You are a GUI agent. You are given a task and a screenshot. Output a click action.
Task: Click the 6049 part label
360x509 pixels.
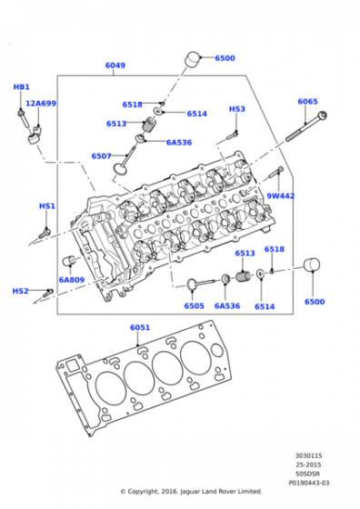click(115, 65)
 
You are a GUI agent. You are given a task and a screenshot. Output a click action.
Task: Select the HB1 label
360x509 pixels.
click(22, 87)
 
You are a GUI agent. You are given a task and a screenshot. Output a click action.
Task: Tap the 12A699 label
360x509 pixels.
click(41, 104)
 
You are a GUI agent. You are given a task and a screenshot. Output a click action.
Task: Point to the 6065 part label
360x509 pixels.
click(308, 102)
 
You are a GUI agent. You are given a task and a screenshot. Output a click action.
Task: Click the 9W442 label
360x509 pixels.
click(281, 196)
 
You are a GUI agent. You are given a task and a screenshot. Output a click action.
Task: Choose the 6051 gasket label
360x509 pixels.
click(140, 327)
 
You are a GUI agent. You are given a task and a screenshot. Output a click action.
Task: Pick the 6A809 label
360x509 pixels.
click(72, 280)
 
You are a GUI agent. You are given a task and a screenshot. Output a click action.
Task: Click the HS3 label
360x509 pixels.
click(237, 109)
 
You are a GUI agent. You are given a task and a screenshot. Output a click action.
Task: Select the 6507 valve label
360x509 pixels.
click(101, 156)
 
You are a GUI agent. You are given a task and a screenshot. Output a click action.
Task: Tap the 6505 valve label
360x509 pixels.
click(195, 305)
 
